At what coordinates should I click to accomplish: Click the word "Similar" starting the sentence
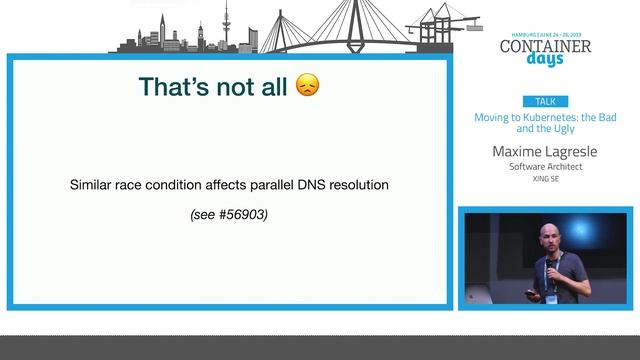coord(94,185)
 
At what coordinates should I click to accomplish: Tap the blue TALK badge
coord(545,102)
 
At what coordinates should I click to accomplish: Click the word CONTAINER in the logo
coord(545,45)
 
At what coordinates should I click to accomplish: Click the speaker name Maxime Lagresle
coord(545,151)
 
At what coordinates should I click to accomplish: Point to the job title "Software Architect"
coord(545,167)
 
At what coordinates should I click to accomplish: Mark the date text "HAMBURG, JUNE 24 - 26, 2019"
coord(545,33)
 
